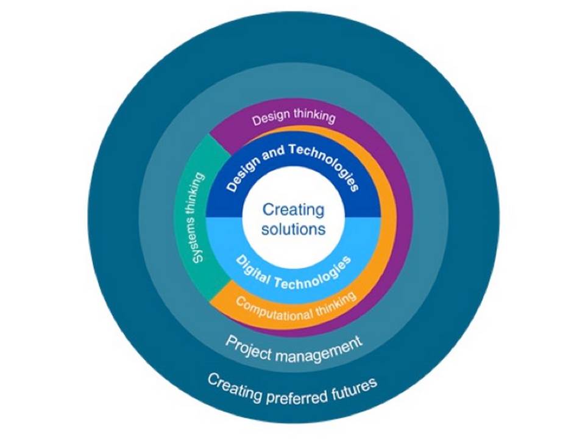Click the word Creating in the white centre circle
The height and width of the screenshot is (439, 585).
tap(293, 210)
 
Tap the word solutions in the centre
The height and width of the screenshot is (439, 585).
tap(293, 230)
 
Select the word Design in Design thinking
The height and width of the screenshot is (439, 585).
tap(269, 118)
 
